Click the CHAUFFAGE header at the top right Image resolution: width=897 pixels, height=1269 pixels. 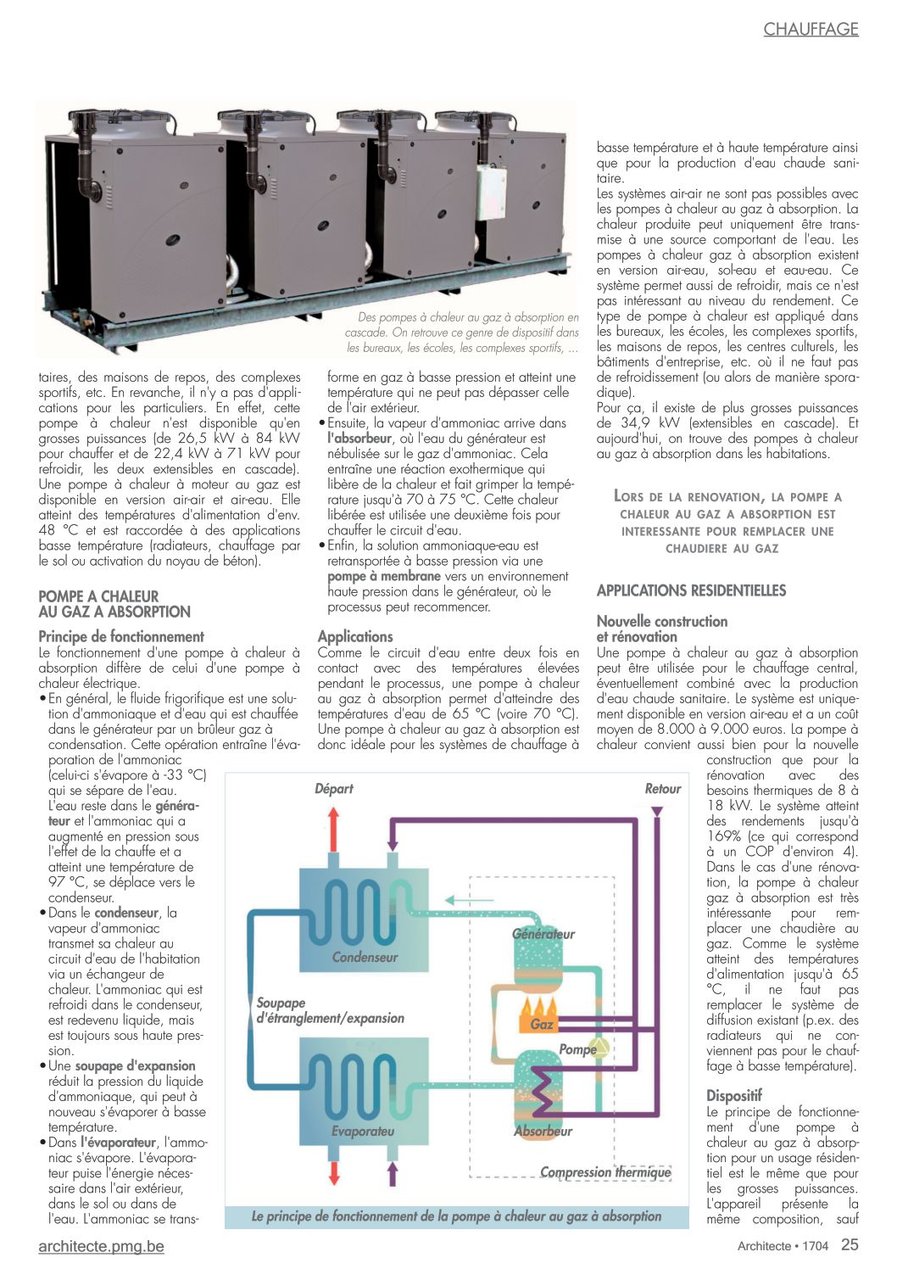click(811, 29)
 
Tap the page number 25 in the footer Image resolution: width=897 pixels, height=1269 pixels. click(850, 1245)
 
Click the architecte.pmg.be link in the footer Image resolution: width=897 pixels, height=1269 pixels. click(101, 1246)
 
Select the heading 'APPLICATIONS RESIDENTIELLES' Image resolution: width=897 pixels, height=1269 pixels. click(691, 590)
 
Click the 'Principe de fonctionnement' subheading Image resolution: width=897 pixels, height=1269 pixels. click(121, 636)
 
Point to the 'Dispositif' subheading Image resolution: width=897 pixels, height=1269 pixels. click(734, 1095)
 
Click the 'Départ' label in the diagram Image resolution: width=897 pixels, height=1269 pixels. click(333, 789)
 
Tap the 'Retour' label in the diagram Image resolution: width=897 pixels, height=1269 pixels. click(662, 789)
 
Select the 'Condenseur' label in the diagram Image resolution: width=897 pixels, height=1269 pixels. click(365, 957)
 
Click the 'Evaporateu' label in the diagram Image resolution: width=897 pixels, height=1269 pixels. click(362, 1131)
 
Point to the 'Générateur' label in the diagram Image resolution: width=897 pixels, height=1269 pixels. click(543, 934)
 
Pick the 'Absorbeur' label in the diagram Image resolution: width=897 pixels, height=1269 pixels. click(543, 1131)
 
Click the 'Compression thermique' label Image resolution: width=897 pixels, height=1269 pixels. click(605, 1172)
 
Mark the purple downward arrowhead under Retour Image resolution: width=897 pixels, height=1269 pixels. click(656, 812)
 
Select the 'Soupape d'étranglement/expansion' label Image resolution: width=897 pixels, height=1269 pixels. click(330, 1010)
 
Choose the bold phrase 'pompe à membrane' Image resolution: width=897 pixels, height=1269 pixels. click(383, 577)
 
